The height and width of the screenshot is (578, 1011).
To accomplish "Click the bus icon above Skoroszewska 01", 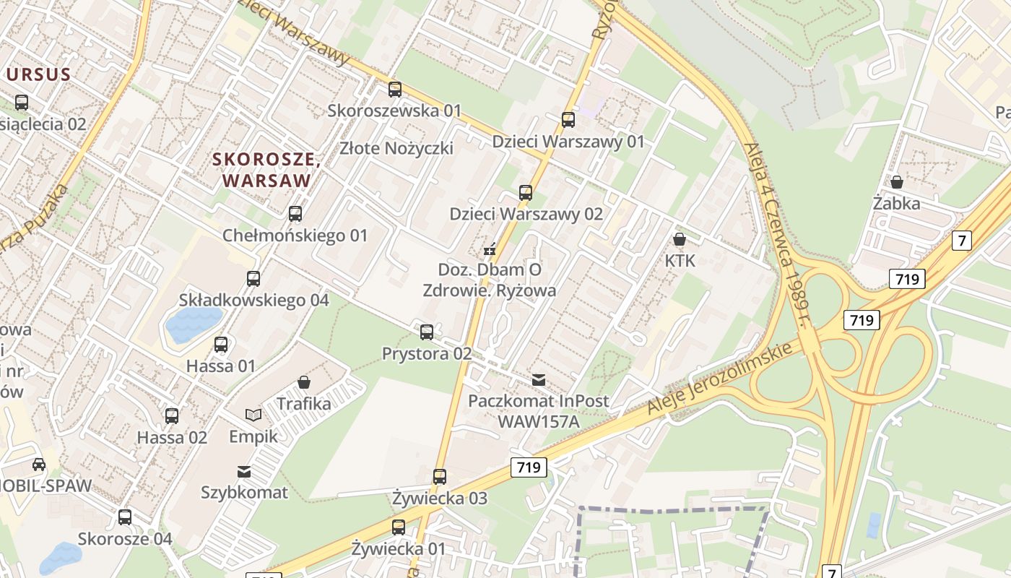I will (x=395, y=90).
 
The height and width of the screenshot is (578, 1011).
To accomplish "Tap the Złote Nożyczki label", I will (x=396, y=148).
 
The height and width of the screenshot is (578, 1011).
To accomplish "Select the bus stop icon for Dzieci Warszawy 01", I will (x=568, y=120).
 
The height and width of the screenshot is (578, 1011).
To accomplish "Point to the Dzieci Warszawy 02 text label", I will (x=526, y=214).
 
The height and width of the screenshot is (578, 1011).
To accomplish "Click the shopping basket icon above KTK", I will (x=679, y=239).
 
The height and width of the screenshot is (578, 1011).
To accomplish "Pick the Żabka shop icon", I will (x=897, y=182).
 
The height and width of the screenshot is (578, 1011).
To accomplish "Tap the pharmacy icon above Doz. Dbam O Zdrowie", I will (x=490, y=250).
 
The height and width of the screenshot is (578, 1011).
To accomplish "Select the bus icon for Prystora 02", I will (x=427, y=332).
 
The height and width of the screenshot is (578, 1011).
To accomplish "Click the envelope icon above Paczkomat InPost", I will (x=538, y=380).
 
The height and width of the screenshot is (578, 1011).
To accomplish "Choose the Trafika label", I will (x=304, y=403).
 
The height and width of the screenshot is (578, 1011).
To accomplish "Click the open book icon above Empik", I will (x=253, y=415).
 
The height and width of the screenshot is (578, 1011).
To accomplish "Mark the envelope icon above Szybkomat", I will (x=244, y=472).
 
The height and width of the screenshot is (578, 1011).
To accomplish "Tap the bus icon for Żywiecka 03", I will (x=440, y=477).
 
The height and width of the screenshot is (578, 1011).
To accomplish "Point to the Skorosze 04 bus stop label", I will (x=125, y=539).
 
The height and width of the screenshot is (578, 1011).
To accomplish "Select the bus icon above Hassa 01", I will (x=221, y=345).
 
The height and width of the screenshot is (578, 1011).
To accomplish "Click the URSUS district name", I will (x=39, y=74).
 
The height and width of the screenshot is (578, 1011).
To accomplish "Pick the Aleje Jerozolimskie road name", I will (x=724, y=379).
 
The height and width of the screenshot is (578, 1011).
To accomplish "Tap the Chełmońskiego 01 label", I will (x=295, y=236).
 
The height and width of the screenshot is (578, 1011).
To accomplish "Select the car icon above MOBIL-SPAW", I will (x=38, y=465).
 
